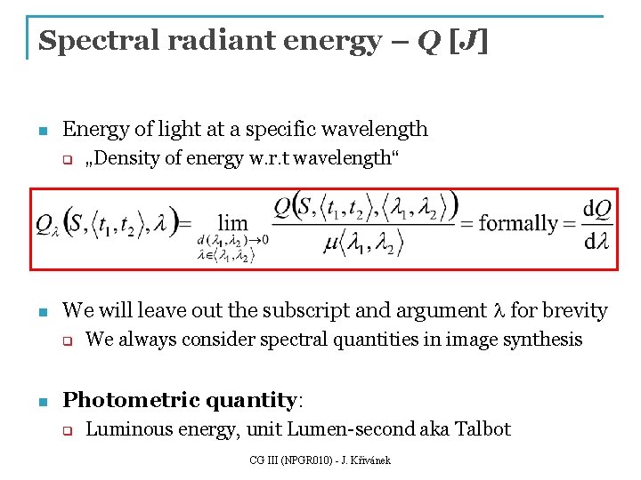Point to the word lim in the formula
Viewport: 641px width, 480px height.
[232, 222]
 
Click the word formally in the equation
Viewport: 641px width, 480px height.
[518, 223]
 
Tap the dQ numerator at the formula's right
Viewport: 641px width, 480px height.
[596, 208]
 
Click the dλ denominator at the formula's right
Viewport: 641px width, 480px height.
[596, 241]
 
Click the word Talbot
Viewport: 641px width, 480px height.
[483, 429]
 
